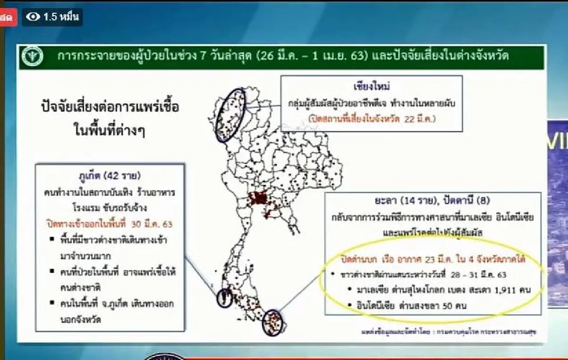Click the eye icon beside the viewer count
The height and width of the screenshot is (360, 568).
coord(33,18)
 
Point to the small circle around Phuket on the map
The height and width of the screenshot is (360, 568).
coord(224,299)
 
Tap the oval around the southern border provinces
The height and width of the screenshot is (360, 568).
coord(274,320)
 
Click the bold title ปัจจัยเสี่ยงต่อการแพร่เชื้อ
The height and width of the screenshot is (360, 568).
coord(110,107)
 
